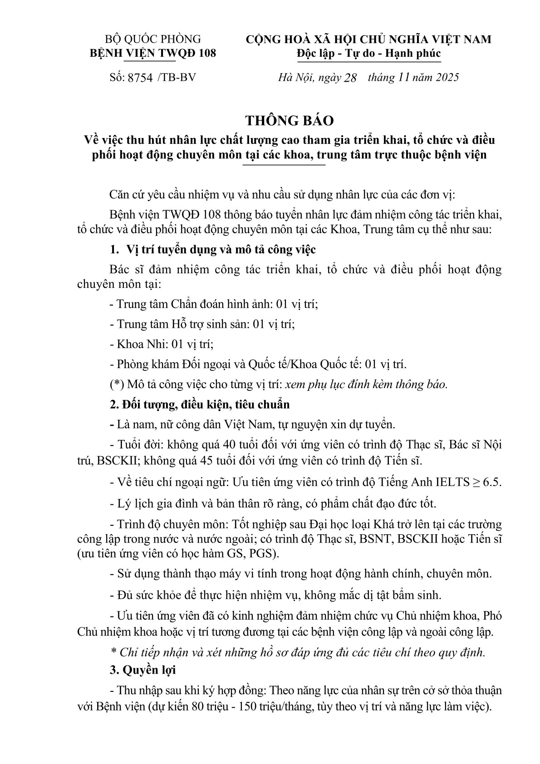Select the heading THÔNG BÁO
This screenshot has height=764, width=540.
tap(290, 120)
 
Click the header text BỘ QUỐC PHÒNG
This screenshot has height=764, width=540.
tap(153, 39)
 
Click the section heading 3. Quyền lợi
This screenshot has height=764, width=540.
tap(143, 670)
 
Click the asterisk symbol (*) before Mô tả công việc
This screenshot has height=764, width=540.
tap(117, 384)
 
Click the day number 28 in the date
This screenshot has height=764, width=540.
tap(351, 77)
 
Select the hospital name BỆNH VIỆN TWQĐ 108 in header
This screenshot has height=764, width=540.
tap(153, 53)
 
